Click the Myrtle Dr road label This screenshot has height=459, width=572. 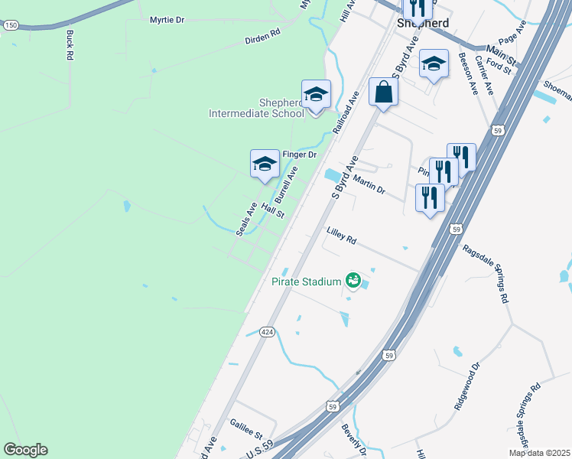(x=167, y=20)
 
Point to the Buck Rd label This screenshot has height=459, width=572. (x=70, y=45)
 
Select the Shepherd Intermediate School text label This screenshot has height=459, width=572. (x=257, y=109)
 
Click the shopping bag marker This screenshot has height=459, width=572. (x=383, y=92)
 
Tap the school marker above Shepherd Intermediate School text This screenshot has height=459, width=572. (x=316, y=94)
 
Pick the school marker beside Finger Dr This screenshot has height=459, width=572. (x=265, y=163)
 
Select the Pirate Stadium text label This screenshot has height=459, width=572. (x=306, y=282)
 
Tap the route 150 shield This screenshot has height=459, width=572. (x=10, y=25)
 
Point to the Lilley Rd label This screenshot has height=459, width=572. (x=342, y=235)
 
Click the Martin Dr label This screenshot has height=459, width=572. (x=369, y=184)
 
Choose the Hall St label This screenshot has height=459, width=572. (x=272, y=210)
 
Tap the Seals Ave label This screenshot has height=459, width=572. (x=246, y=219)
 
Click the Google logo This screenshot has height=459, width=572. (x=25, y=450)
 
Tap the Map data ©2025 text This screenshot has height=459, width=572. (x=538, y=453)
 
